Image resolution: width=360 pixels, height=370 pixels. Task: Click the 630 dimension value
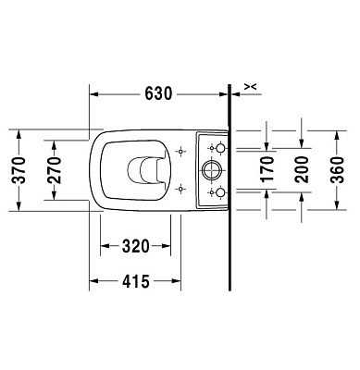point(158,92)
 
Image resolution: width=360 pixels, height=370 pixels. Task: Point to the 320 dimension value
point(135,247)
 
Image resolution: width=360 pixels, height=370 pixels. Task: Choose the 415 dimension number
point(135,281)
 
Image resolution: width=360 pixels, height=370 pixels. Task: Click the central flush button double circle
point(210,169)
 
